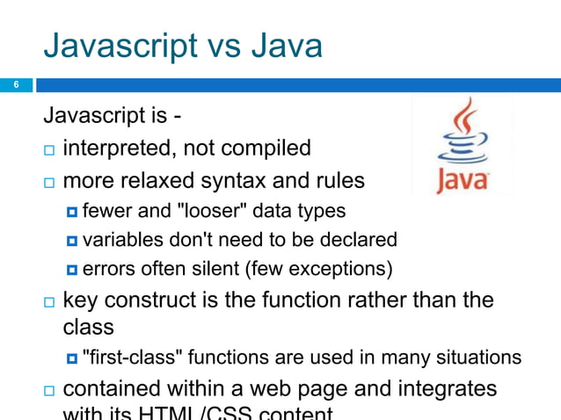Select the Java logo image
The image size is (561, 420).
pos(462,147)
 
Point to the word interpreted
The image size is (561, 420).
pos(120,148)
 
